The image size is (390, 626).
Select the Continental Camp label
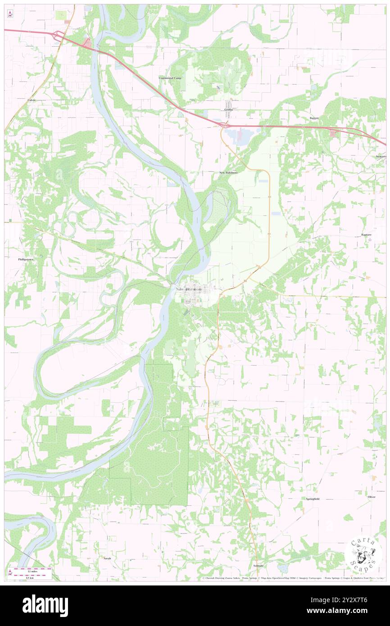tap(170, 78)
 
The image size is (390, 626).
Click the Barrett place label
tap(314, 118)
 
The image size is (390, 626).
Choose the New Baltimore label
tap(228, 172)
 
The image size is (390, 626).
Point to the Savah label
tap(107, 558)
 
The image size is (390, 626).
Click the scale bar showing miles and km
tap(32, 573)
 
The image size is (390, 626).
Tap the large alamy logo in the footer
tap(45, 605)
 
